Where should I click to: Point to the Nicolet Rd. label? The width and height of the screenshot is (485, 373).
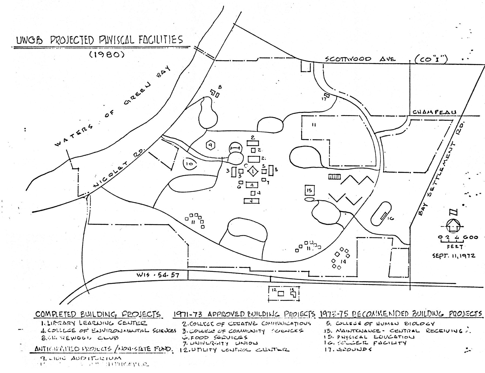coord(119,167)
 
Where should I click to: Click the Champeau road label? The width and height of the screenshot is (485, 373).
coord(434,112)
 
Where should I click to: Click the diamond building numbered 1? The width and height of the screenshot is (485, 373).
coord(253,171)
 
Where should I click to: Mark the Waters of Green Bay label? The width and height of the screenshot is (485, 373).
coord(113,105)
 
